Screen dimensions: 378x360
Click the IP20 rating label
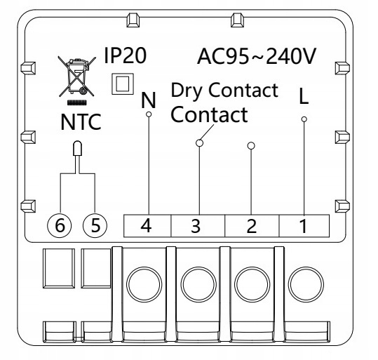[x=125, y=55]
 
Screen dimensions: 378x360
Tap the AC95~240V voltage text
[x=257, y=56]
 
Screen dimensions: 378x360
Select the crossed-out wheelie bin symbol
[x=76, y=76]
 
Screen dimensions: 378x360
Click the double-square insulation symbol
[x=123, y=84]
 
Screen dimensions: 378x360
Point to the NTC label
[x=81, y=122]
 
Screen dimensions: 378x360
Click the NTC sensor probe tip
[x=77, y=148]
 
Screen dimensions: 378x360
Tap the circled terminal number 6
[x=60, y=225]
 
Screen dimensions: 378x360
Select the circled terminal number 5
[x=95, y=225]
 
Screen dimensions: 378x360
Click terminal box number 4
[x=147, y=225]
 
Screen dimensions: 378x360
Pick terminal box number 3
[x=198, y=225]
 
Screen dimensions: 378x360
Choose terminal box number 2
[x=252, y=225]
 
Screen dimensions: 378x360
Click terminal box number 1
[x=304, y=225]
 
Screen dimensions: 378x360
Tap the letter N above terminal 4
[x=149, y=100]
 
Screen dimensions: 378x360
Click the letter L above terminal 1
[x=304, y=95]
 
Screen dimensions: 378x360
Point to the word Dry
[x=187, y=91]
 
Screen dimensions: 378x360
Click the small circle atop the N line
[x=149, y=114]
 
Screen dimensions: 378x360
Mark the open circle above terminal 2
[x=251, y=146]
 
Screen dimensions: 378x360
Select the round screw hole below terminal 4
[x=144, y=284]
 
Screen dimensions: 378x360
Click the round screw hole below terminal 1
[x=306, y=284]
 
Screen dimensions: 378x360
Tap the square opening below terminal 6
[x=59, y=268]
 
